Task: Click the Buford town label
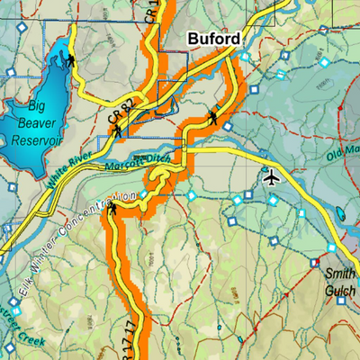[x=213, y=40]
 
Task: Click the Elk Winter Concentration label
[x=72, y=238]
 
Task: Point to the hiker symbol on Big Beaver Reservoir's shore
[x=70, y=61]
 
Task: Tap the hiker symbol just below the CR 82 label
[x=117, y=133]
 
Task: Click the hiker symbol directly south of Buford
[x=213, y=117]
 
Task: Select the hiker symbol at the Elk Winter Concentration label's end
[x=112, y=211]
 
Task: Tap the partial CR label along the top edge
[x=150, y=11]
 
